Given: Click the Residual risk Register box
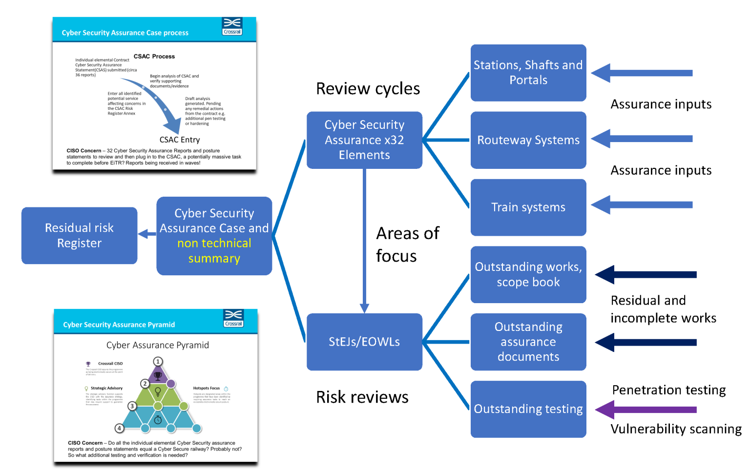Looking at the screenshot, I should (x=79, y=236).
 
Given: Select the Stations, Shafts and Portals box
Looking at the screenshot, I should (x=528, y=73).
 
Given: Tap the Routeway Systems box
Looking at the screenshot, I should (x=528, y=140).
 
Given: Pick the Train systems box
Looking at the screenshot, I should (x=528, y=207).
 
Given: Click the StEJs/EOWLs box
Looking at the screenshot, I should (x=364, y=342).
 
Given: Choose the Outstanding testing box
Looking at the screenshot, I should (x=528, y=409).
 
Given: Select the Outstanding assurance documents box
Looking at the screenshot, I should (x=528, y=342).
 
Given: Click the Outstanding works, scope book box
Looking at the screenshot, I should (x=528, y=274).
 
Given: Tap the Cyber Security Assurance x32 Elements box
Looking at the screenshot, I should (x=364, y=140).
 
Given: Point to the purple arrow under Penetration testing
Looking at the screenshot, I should (x=646, y=410).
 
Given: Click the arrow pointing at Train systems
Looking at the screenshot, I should (x=642, y=205).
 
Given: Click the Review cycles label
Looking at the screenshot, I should (x=368, y=89).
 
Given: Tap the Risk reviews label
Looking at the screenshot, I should (x=362, y=397).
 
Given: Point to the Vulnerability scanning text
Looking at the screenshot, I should (x=676, y=429).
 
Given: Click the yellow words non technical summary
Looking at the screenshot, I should (x=214, y=251).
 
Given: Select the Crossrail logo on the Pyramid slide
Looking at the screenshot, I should (x=233, y=318).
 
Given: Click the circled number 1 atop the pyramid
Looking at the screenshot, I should (x=158, y=361).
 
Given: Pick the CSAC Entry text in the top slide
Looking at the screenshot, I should (x=180, y=140).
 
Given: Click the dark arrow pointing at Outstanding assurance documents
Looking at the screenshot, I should (x=646, y=342).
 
